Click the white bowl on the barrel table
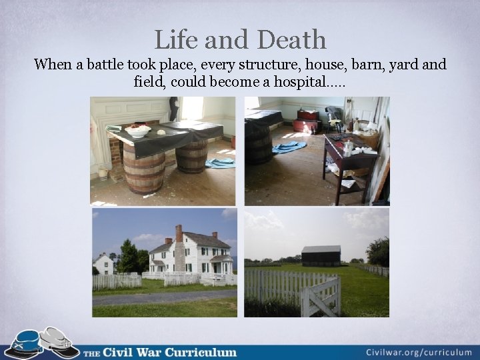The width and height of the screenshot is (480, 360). click(x=138, y=131)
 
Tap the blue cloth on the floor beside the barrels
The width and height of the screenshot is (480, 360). click(x=220, y=162)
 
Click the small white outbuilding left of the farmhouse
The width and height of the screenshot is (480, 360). click(x=103, y=264)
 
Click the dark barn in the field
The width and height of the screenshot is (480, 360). click(x=321, y=256)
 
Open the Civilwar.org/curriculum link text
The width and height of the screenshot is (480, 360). click(x=419, y=352)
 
